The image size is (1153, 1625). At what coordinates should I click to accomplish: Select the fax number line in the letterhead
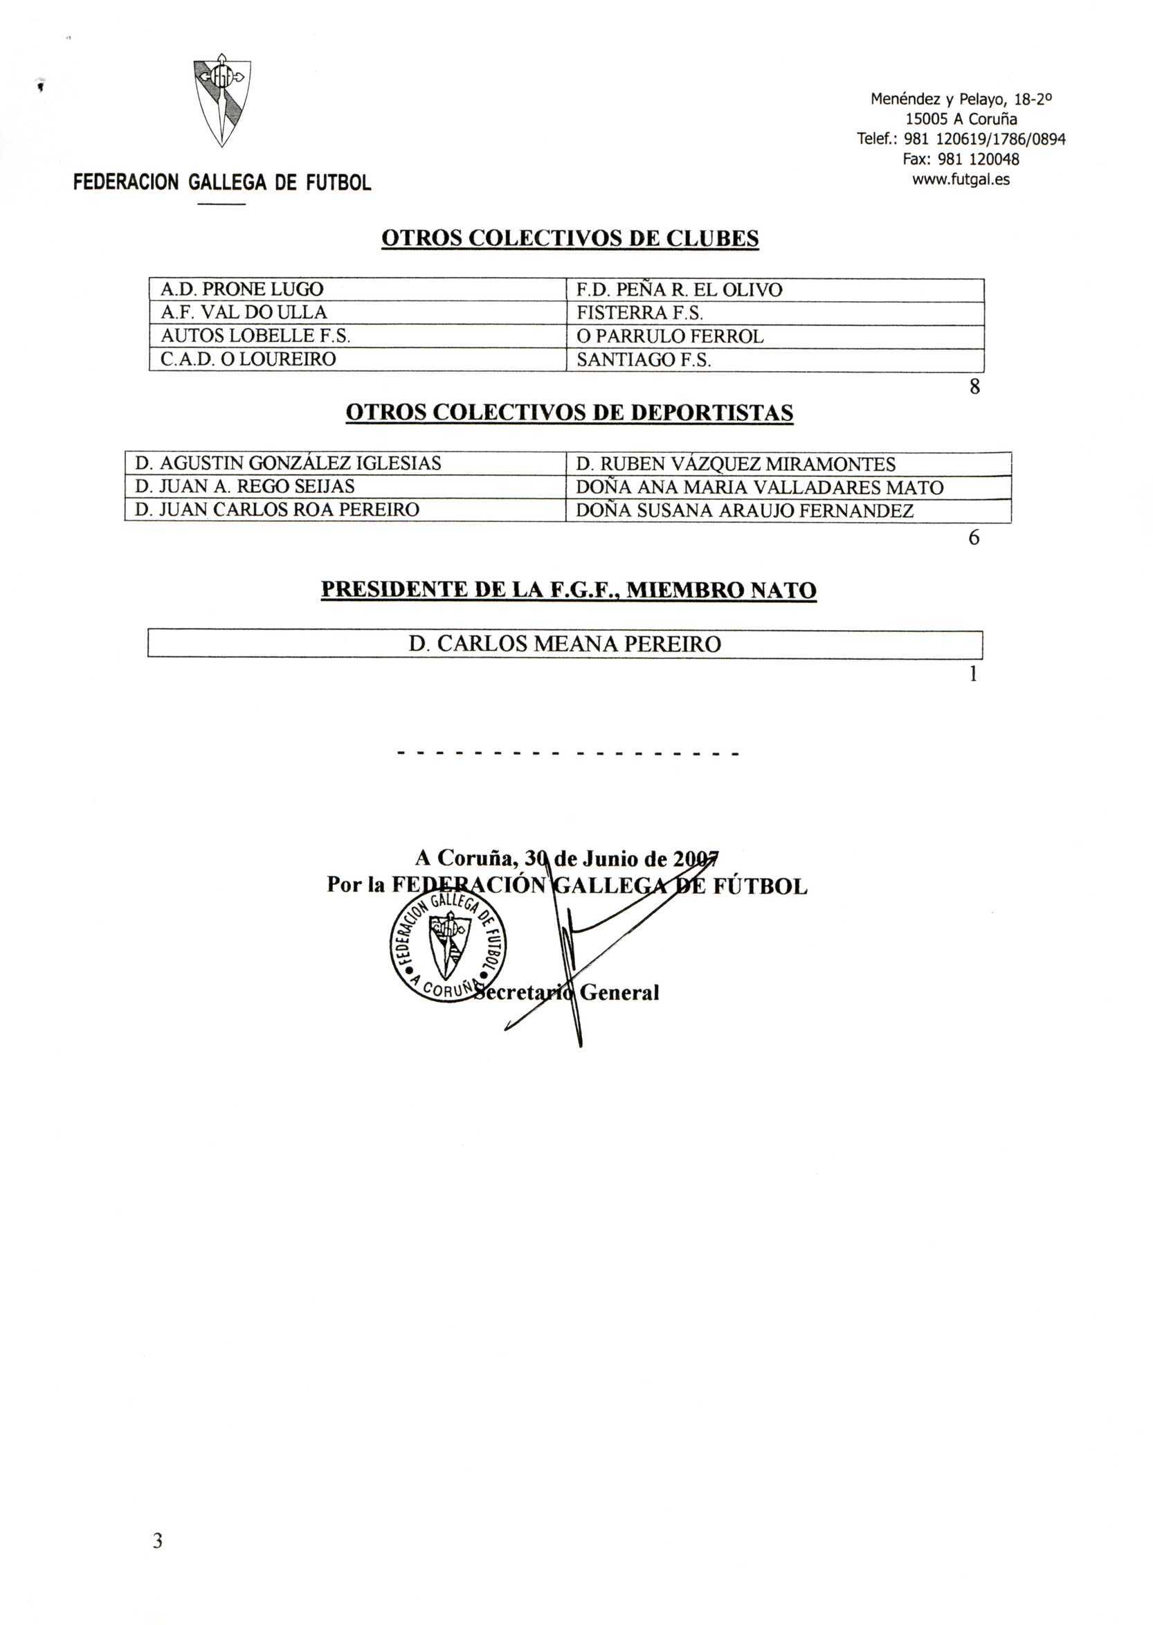click(x=961, y=159)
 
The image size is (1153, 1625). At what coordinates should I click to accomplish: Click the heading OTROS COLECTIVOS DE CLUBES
click(x=570, y=238)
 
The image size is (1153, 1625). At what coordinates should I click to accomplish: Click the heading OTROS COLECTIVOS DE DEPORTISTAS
click(x=570, y=413)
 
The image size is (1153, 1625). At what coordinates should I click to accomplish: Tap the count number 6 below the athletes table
click(x=974, y=539)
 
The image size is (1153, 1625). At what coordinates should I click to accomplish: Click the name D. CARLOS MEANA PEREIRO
click(x=565, y=643)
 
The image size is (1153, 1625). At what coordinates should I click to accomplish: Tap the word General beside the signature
click(x=619, y=992)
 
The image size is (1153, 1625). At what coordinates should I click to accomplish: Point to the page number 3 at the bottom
click(x=158, y=1541)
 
